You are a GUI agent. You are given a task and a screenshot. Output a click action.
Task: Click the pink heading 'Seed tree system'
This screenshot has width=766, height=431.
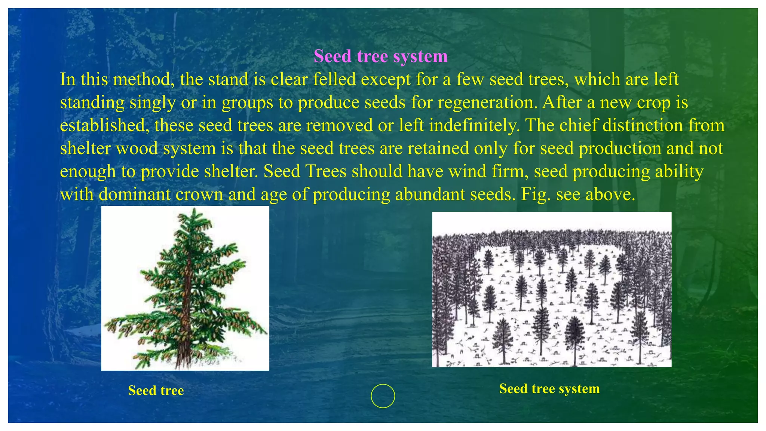[380, 56]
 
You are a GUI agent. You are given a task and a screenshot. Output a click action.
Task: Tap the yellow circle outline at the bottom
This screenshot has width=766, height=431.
[383, 396]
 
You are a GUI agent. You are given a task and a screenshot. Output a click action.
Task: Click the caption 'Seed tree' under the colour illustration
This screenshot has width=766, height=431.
[156, 391]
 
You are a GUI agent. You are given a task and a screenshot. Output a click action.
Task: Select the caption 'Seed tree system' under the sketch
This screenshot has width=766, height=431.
[549, 389]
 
